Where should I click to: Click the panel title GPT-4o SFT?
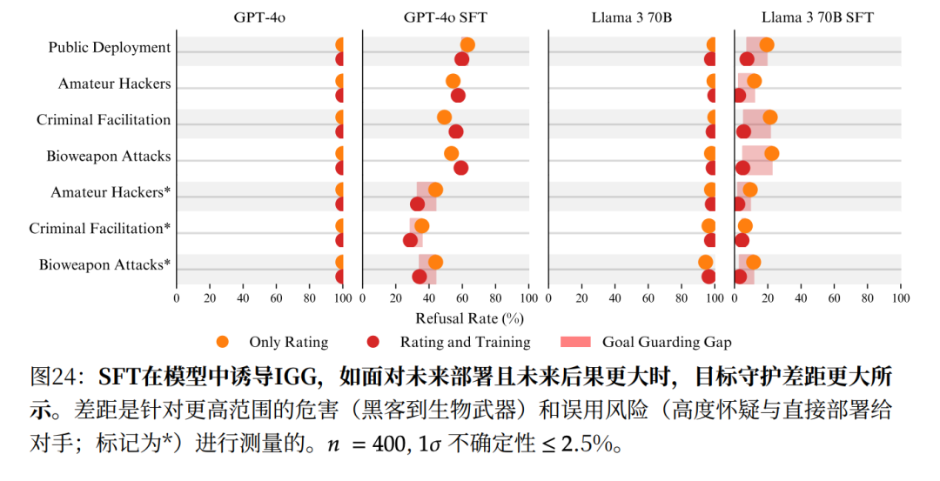pyautogui.click(x=446, y=17)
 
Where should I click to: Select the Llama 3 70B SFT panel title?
pyautogui.click(x=817, y=17)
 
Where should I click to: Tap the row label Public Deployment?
pyautogui.click(x=110, y=47)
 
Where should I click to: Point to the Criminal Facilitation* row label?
pyautogui.click(x=100, y=229)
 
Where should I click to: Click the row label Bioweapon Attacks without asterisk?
pyautogui.click(x=109, y=157)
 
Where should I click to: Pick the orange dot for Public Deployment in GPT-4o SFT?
pyautogui.click(x=467, y=45)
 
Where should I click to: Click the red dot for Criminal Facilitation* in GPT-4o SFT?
pyautogui.click(x=411, y=240)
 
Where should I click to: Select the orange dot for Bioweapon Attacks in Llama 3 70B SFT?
pyautogui.click(x=771, y=154)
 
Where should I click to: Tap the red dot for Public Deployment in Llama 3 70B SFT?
pyautogui.click(x=747, y=59)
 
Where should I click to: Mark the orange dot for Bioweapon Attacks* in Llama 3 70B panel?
pyautogui.click(x=706, y=262)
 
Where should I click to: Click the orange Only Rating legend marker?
pyautogui.click(x=224, y=342)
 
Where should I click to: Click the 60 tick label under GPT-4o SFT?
pyautogui.click(x=462, y=297)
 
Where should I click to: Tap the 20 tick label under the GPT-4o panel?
pyautogui.click(x=210, y=297)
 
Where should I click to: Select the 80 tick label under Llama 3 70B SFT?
pyautogui.click(x=868, y=297)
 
